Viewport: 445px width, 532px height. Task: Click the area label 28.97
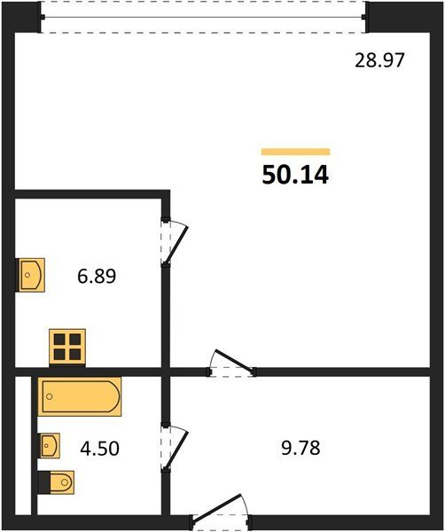379,60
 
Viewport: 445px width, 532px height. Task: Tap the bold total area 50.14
295,175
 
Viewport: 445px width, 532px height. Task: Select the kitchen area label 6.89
97,276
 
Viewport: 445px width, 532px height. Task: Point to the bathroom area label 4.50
99,448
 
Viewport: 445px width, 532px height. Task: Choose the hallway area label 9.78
301,448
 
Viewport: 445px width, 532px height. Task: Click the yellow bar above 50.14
295,152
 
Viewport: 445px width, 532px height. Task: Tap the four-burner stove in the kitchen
67,348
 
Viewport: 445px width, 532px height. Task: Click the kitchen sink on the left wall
30,275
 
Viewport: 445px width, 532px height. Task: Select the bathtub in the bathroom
80,396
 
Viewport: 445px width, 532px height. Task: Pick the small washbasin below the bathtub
49,445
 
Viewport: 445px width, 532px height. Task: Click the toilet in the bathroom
56,482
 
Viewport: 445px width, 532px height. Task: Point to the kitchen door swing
175,241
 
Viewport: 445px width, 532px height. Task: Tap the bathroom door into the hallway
175,448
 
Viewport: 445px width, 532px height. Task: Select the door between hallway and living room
231,364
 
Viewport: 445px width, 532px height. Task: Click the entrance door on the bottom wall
221,512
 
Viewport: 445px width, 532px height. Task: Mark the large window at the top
204,17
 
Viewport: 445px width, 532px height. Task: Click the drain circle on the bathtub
50,396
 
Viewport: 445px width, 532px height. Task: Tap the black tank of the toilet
43,482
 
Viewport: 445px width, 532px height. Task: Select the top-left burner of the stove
59,339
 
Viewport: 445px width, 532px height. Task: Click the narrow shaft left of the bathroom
23,445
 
